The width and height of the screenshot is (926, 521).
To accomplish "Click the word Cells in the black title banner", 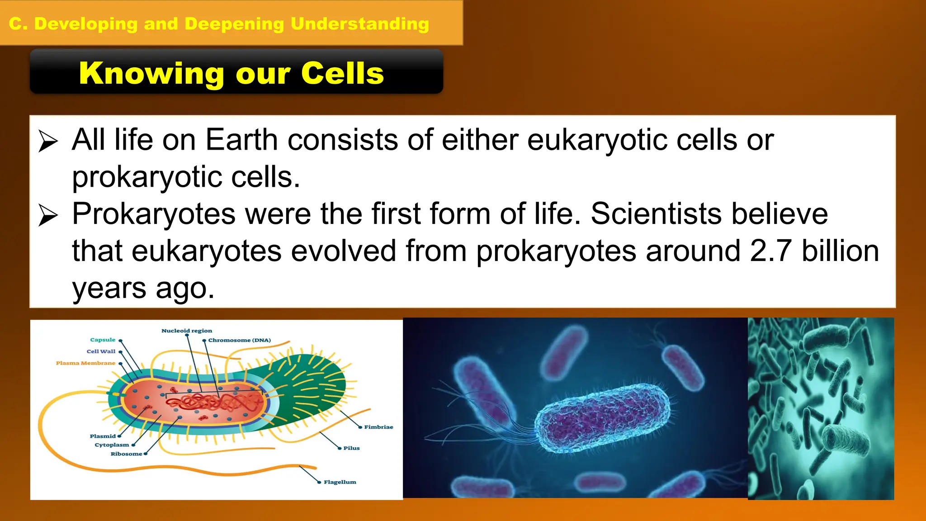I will point(342,73).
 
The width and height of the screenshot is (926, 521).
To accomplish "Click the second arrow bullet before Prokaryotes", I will point(48,215).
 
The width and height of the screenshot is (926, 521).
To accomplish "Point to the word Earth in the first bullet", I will point(241,140).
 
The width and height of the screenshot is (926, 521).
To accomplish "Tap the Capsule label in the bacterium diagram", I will point(103,340).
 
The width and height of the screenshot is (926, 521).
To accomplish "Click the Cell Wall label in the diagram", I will point(101,351).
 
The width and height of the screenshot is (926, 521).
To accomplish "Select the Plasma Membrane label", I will point(85,363).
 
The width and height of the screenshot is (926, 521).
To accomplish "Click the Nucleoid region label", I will point(186,331).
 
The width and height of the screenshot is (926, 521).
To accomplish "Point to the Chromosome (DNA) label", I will point(239,340).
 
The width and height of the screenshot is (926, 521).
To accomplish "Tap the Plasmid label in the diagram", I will point(103,436).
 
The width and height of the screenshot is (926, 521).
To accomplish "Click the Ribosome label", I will point(126,454).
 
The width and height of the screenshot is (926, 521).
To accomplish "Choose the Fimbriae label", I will point(378,427).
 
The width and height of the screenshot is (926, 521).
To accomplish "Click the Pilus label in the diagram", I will point(351,448).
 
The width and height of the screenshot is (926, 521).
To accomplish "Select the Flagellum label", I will point(340,483).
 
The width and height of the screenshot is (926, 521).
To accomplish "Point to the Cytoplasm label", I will point(112,445).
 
